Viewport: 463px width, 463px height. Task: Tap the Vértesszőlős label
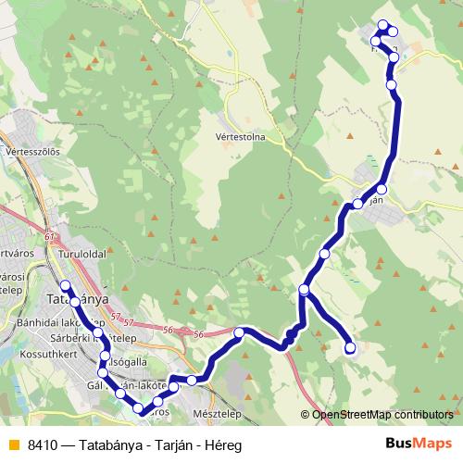tap(32, 150)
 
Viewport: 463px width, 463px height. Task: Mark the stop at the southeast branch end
tap(350, 348)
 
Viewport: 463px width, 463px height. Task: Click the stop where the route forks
tap(305, 291)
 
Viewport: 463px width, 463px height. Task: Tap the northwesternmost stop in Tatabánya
tap(65, 285)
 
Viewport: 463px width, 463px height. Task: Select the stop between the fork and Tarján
tap(325, 253)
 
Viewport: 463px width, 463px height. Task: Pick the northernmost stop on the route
tap(382, 26)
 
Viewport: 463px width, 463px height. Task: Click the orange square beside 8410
tap(12, 444)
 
